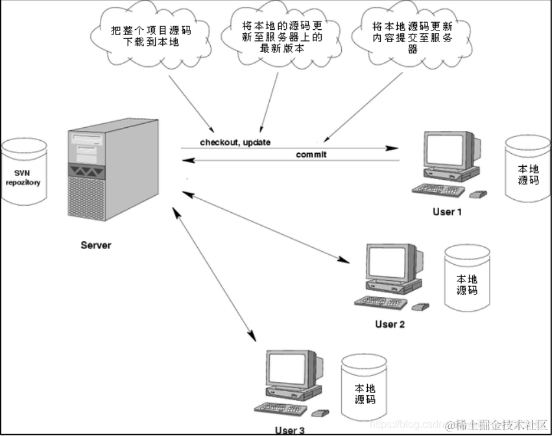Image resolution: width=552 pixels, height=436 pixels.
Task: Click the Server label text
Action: coord(95,245)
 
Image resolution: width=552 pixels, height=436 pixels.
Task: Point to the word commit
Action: coord(311,154)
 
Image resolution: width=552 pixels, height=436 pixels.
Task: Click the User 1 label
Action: coord(448,212)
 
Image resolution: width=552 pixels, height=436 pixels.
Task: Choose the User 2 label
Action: coord(390,324)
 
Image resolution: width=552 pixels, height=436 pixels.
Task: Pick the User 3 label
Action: coord(289,429)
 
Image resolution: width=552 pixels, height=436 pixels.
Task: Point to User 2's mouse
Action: coord(420,306)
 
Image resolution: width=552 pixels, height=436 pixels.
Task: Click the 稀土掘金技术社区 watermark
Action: coord(497,424)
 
